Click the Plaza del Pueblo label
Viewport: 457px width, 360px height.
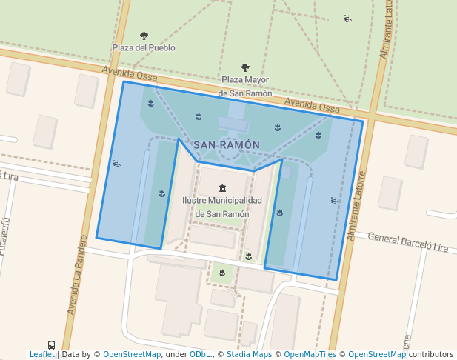(x=144, y=47)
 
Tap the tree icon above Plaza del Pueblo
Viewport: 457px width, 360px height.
(x=144, y=36)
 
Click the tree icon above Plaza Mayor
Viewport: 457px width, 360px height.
(x=245, y=68)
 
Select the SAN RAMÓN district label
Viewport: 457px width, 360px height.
(x=227, y=145)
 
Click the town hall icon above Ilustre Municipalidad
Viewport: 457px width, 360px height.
(x=222, y=188)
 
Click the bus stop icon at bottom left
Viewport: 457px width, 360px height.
(x=51, y=345)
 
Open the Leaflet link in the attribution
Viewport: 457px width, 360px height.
(x=41, y=355)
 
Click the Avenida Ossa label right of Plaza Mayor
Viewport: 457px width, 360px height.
(x=312, y=106)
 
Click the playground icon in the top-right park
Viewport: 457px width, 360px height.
(x=347, y=19)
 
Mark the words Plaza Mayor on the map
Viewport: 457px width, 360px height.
(x=245, y=80)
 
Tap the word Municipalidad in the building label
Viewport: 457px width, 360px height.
(x=235, y=201)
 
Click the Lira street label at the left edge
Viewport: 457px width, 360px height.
(x=9, y=176)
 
